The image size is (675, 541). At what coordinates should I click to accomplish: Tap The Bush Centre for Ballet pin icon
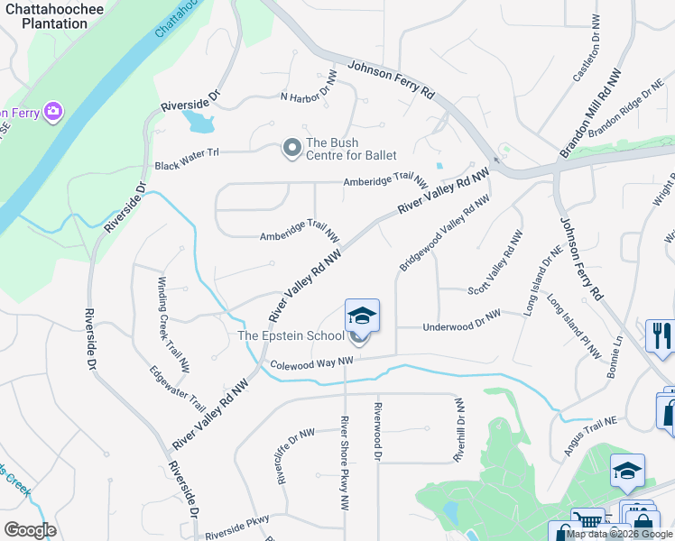coord(291,147)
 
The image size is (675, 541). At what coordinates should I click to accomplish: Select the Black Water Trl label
coord(187,165)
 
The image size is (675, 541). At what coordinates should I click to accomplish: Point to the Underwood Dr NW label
coord(461,320)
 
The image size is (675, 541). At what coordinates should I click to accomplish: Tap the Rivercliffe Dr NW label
coord(295,454)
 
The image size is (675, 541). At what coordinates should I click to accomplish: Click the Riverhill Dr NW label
coord(459,430)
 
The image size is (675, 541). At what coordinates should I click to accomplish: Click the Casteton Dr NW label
coord(587,50)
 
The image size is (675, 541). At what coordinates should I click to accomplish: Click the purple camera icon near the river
coord(54,111)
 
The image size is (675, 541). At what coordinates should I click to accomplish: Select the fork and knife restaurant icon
coord(661,335)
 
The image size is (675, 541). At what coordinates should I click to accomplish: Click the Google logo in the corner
coord(30,529)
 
